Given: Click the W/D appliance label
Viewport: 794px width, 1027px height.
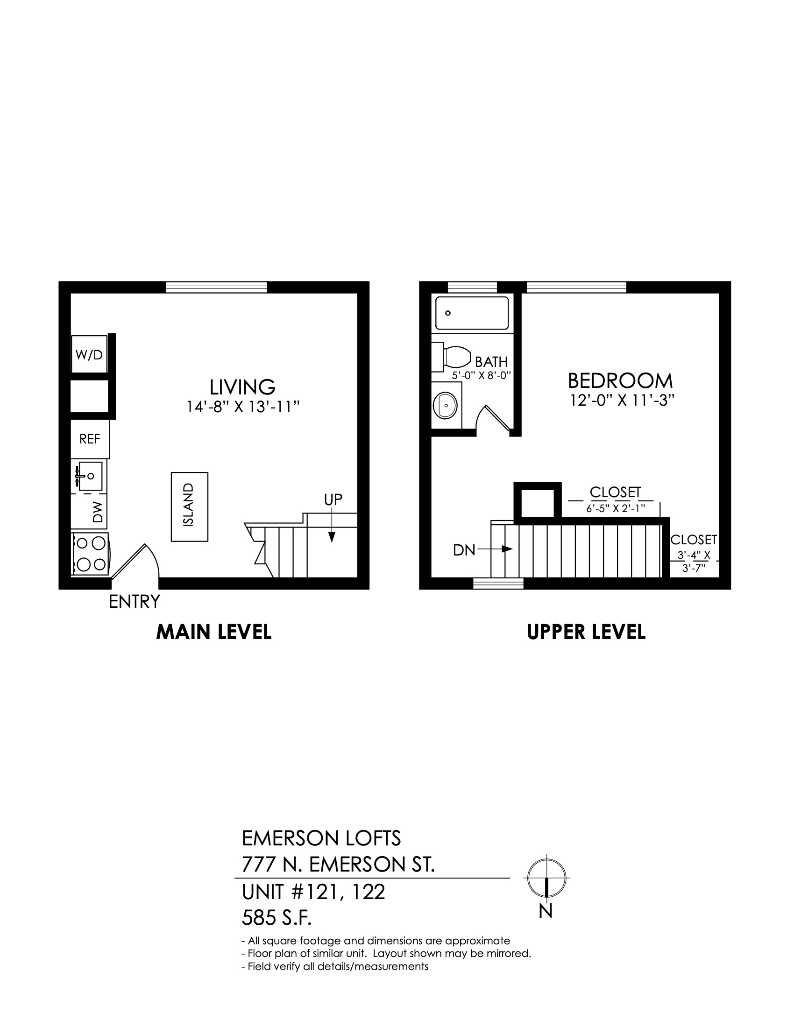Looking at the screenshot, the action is point(89,355).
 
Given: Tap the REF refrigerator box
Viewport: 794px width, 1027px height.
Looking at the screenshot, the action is point(90,439).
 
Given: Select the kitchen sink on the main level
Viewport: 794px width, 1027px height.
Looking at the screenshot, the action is point(89,476).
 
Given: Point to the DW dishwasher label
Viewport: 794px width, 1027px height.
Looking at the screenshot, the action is point(98,512).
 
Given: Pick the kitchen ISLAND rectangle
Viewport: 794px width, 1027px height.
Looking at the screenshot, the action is point(189,507).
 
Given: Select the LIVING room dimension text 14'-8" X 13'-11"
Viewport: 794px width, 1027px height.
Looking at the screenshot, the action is point(243,406).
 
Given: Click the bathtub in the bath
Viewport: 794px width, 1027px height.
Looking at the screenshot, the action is point(472,313).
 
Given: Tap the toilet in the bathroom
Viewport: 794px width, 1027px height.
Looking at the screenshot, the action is point(452,357).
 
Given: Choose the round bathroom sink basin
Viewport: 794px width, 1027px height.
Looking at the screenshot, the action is point(445,405).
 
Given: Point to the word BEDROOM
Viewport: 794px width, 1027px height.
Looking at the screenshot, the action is point(620,380).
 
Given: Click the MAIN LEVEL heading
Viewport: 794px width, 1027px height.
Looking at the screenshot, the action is point(214,632).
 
